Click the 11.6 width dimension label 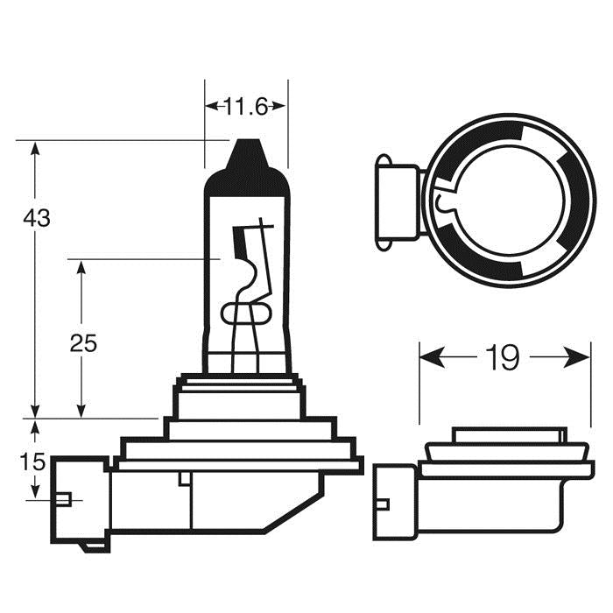(x=246, y=108)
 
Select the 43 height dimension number (x=37, y=218)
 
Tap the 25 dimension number (x=83, y=343)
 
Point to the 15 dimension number (x=35, y=462)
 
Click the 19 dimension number (x=504, y=357)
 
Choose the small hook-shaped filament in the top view (x=442, y=204)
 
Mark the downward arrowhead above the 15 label (x=35, y=429)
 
